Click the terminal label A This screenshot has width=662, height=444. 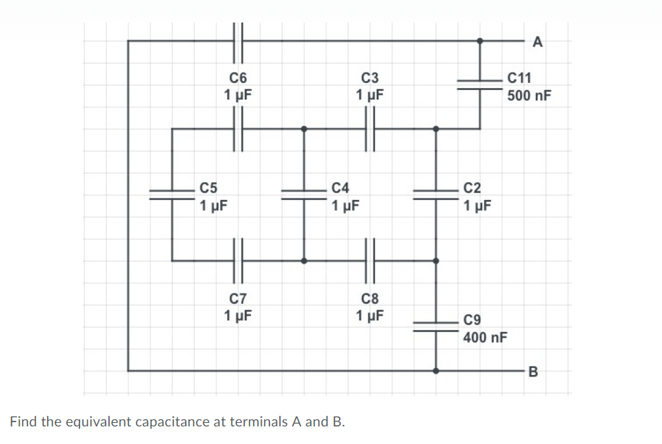click(x=537, y=42)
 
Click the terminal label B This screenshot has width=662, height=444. click(x=533, y=371)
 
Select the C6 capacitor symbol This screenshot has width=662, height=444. click(x=237, y=41)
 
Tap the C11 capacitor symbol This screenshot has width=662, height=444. click(x=480, y=84)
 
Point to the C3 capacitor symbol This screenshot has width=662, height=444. click(x=369, y=129)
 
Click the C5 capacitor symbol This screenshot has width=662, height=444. click(x=172, y=194)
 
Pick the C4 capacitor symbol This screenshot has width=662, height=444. click(x=303, y=194)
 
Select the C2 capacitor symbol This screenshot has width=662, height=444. click(x=435, y=194)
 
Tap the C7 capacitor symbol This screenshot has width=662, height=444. click(x=237, y=260)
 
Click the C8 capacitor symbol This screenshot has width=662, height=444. click(x=369, y=260)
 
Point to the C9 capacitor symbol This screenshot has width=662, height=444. click(x=435, y=325)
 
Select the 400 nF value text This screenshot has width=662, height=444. click(x=485, y=338)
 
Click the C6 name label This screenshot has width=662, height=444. click(x=238, y=78)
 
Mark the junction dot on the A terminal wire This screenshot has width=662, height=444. click(x=480, y=41)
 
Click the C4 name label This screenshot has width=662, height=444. click(x=340, y=188)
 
